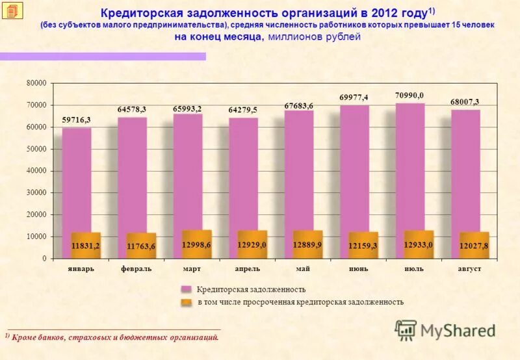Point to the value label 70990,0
(409, 96)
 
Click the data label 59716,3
(76, 120)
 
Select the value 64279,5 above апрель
(242, 110)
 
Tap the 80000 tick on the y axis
(36, 83)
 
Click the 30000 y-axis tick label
(36, 193)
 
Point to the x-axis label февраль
(136, 268)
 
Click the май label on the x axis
(302, 268)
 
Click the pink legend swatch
(186, 289)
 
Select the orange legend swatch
(186, 302)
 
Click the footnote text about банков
(114, 337)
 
